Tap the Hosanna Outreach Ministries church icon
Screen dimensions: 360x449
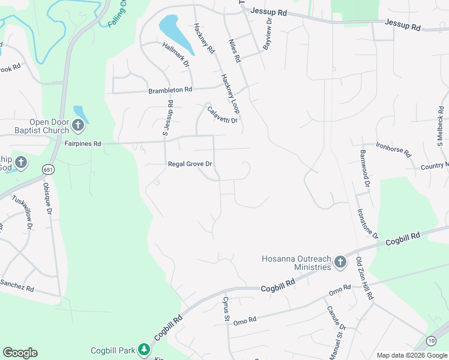click(340, 262)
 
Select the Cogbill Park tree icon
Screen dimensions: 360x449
click(143, 349)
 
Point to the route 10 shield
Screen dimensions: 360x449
click(431, 341)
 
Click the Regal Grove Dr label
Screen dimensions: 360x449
click(190, 164)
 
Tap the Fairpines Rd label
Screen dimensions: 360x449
click(83, 144)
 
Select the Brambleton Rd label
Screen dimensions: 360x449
click(170, 91)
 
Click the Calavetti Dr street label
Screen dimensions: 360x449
click(223, 114)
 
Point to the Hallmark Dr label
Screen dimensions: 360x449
click(176, 54)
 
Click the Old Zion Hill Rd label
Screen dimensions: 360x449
click(365, 279)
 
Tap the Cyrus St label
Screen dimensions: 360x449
click(227, 308)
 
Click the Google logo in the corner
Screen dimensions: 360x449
click(20, 353)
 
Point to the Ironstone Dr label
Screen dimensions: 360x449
click(367, 223)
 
